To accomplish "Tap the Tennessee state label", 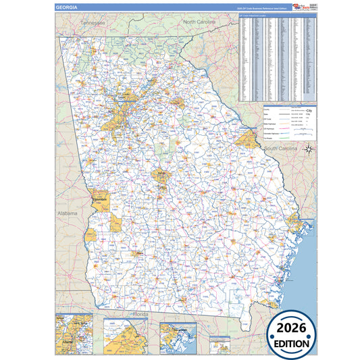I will tap(93, 22).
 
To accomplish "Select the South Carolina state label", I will tap(282, 147).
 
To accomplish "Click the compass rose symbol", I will tap(308, 149).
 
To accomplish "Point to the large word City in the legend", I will tap(309, 109).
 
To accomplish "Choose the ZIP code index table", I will tap(278, 57).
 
